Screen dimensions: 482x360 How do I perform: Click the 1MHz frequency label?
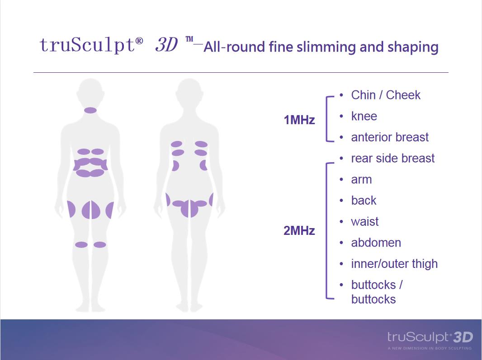point(299,120)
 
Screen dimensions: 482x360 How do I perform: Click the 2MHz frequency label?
point(299,231)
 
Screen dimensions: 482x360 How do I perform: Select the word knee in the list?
point(364,116)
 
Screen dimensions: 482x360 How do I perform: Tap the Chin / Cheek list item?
point(386,95)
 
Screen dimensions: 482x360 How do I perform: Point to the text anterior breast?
point(390,137)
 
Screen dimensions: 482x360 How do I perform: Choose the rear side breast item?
point(393,158)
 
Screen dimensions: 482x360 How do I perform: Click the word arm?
point(362,180)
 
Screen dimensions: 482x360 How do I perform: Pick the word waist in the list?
point(365,221)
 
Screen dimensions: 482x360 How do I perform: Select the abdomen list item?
point(376,243)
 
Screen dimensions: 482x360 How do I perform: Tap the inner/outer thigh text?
point(394,264)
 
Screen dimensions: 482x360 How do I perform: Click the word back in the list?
point(364,200)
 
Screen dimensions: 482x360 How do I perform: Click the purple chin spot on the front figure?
point(90,110)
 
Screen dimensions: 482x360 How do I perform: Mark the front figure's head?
point(90,93)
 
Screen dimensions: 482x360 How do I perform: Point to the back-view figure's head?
point(189,93)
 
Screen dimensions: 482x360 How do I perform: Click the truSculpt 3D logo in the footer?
point(430,337)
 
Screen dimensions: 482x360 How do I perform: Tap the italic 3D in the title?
point(166,45)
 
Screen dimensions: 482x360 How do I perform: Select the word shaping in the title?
point(413,47)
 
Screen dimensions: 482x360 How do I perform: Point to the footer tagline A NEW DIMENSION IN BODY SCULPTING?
point(430,348)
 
